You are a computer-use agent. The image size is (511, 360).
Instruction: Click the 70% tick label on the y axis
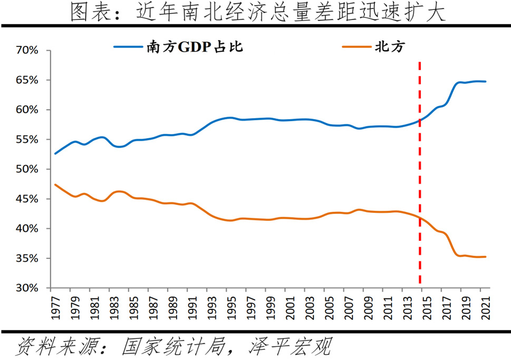click(27, 51)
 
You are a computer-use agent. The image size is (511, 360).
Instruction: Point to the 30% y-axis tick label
click(27, 288)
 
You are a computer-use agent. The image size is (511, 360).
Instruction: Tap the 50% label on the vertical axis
click(27, 169)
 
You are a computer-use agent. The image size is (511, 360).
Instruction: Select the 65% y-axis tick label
click(27, 80)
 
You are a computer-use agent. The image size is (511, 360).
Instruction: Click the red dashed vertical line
click(420, 174)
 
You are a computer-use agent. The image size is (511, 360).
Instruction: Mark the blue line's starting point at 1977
click(55, 153)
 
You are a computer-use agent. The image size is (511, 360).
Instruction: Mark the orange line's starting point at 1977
click(55, 184)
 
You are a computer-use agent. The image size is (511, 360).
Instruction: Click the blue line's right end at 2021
click(486, 82)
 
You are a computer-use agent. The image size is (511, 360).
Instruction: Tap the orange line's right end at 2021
click(486, 257)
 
